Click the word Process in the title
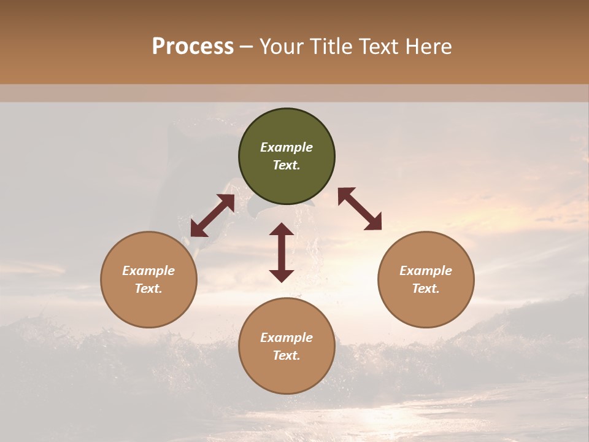coord(193,47)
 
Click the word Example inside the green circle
coord(287,147)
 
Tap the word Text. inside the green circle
coord(287,165)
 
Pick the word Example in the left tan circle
coord(148,271)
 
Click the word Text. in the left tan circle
coord(148,289)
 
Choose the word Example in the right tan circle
coord(426,271)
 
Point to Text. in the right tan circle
coord(426,289)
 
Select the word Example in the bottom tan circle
coord(287,338)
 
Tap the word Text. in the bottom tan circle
coord(287,355)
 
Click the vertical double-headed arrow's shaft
coord(282,252)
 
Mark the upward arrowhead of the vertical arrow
coord(282,230)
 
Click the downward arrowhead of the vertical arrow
coord(282,276)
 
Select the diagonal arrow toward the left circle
coord(212,215)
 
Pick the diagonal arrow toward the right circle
coord(360,209)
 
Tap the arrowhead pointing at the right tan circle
coord(374,223)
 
